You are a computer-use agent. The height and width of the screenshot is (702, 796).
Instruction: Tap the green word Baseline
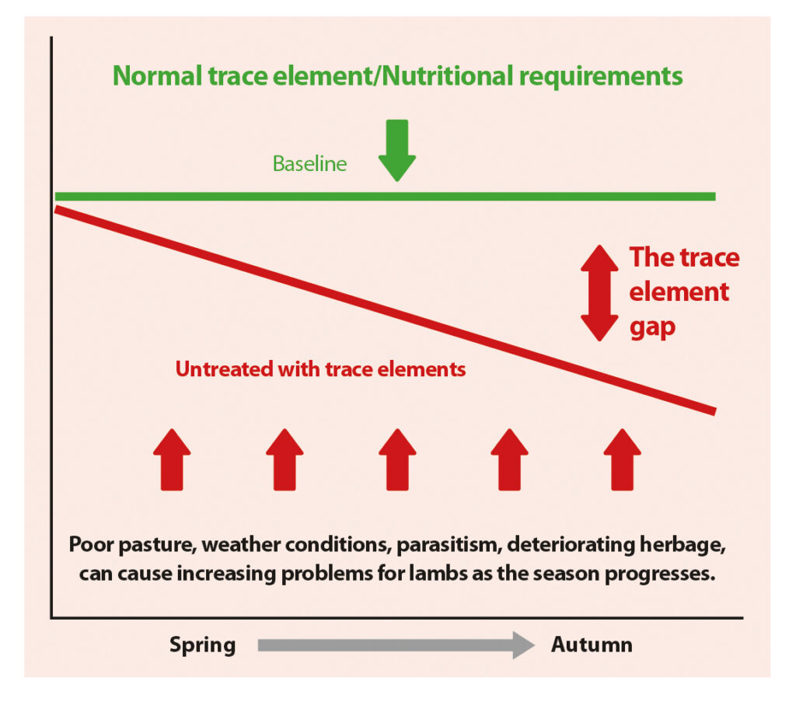(x=309, y=164)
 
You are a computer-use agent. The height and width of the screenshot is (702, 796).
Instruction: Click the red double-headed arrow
(x=599, y=293)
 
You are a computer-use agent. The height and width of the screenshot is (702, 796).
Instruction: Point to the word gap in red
(x=652, y=327)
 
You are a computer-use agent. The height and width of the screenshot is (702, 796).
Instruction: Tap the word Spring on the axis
(x=203, y=644)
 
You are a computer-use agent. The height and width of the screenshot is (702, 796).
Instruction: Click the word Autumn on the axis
(x=592, y=644)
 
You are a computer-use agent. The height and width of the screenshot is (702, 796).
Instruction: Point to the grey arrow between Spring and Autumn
(x=396, y=645)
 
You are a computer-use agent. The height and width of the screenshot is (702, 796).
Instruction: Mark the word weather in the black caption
(x=234, y=544)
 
